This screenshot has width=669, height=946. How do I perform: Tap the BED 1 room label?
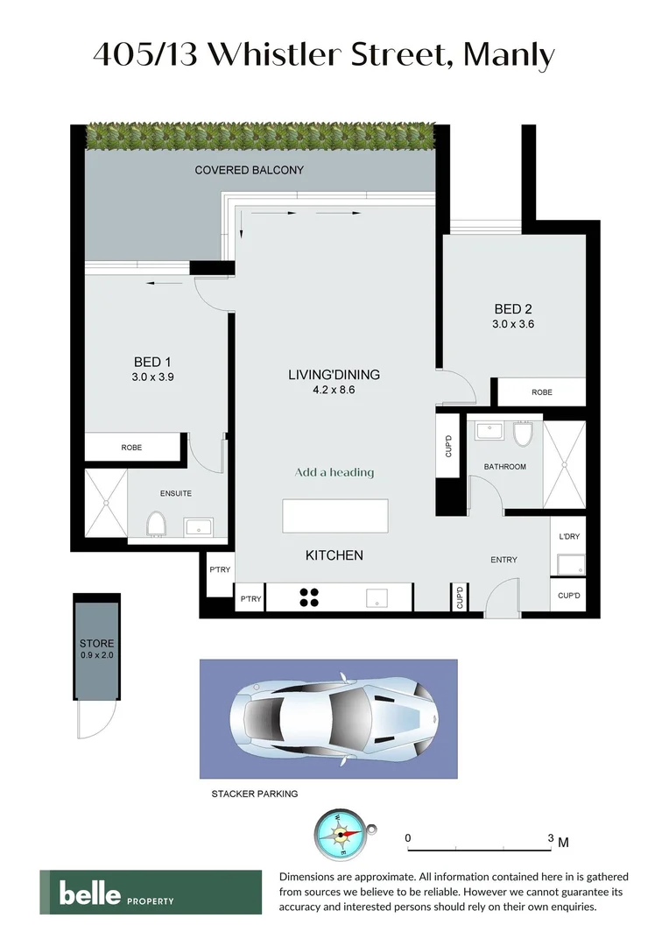[147, 362]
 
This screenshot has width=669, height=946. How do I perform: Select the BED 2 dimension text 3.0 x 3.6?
[514, 323]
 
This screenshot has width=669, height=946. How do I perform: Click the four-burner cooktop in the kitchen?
[309, 597]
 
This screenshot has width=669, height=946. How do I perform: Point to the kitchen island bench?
[334, 515]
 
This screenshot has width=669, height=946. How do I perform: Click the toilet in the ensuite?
[157, 523]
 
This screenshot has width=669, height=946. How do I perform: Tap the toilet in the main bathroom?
[524, 433]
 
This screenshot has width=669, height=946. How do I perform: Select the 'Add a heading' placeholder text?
[334, 472]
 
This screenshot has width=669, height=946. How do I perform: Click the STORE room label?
[96, 644]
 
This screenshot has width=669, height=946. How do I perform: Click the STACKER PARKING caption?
[255, 794]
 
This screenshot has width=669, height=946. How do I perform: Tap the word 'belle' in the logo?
[89, 893]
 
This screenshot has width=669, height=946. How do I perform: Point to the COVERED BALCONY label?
[249, 170]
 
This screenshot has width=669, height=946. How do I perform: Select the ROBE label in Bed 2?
[542, 392]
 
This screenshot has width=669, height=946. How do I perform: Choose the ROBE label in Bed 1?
[131, 448]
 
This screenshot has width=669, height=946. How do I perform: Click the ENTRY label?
[504, 560]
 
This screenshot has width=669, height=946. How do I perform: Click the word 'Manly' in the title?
[509, 56]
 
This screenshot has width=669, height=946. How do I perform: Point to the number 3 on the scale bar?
[551, 838]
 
